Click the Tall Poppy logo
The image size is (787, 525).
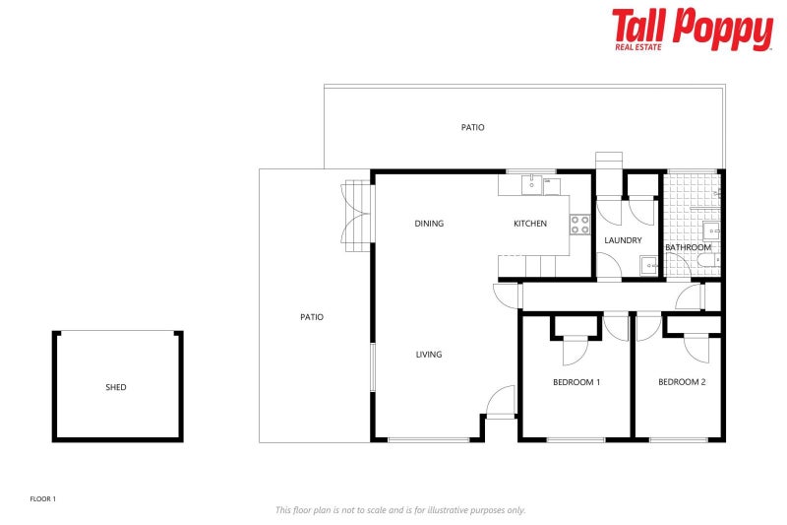pos(692,30)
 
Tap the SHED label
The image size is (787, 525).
pos(116,387)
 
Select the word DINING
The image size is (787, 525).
pos(429,224)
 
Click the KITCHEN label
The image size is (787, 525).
pos(530,224)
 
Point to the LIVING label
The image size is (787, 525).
pos(429,355)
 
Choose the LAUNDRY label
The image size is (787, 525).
pos(624,240)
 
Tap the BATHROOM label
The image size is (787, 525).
pos(688,247)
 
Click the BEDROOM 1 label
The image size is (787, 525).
pos(576,382)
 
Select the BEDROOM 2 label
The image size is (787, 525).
pos(682,382)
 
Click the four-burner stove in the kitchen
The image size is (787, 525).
pos(579,224)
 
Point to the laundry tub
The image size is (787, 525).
pos(649,264)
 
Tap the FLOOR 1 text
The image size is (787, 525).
pos(43,499)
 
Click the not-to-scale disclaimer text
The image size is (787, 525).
pos(400,510)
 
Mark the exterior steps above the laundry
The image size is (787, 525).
pos(609,161)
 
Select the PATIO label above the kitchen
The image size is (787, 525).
pos(473,127)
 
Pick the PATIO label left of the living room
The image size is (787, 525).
pos(312,317)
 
